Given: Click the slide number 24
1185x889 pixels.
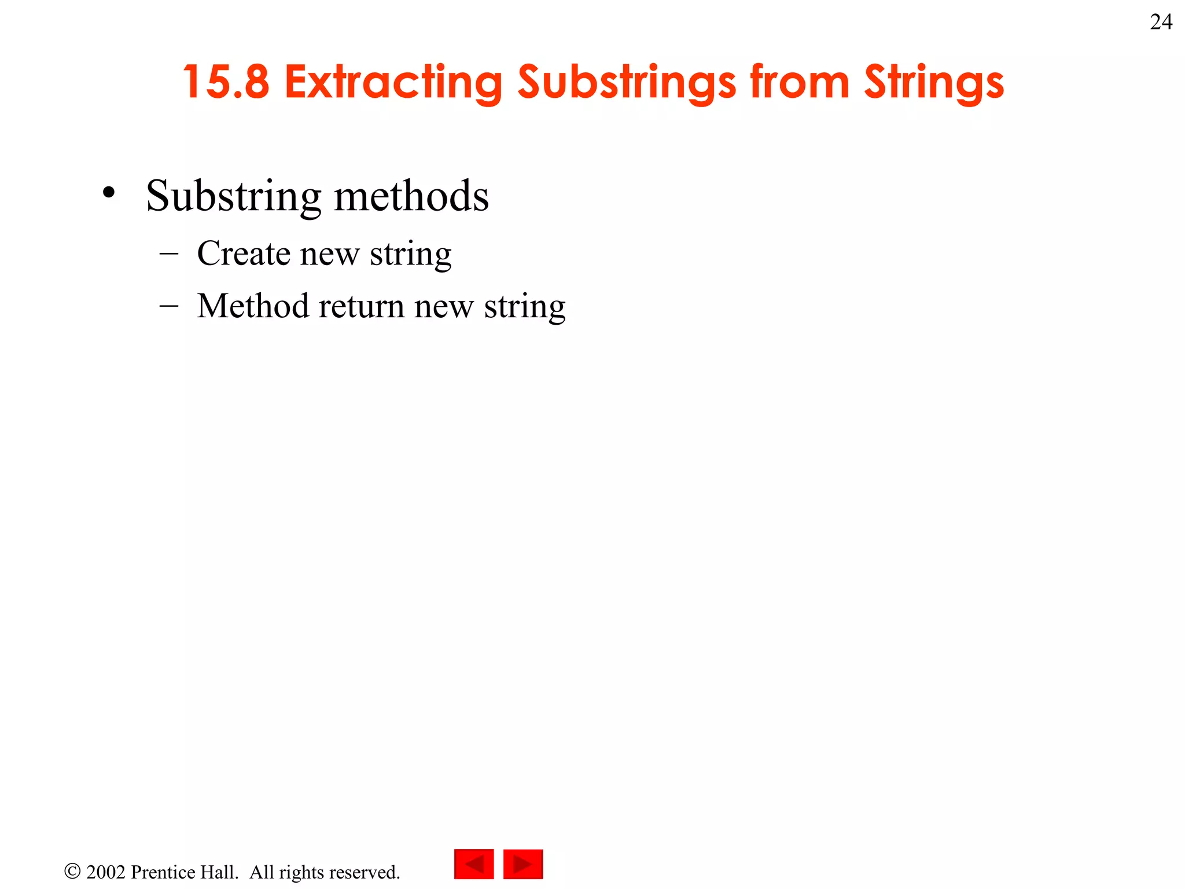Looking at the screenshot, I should (x=1161, y=22).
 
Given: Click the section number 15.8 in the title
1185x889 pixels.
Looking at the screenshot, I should (x=226, y=82).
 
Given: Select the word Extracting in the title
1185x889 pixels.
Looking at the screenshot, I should (x=393, y=83).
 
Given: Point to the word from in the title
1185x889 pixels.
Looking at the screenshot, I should (x=799, y=82).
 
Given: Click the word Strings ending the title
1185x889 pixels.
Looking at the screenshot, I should (x=934, y=83).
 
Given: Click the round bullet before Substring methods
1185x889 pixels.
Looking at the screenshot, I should (x=108, y=193).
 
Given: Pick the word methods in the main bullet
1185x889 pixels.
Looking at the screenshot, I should (x=411, y=196).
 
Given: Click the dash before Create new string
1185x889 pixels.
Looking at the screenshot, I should (x=168, y=254).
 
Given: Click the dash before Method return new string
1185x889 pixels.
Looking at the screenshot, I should (x=168, y=306).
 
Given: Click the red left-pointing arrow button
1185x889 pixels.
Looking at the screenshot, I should (x=474, y=864).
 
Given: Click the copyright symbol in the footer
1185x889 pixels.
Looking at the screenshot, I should (x=72, y=871).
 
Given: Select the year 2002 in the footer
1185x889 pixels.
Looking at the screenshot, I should (x=105, y=872).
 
